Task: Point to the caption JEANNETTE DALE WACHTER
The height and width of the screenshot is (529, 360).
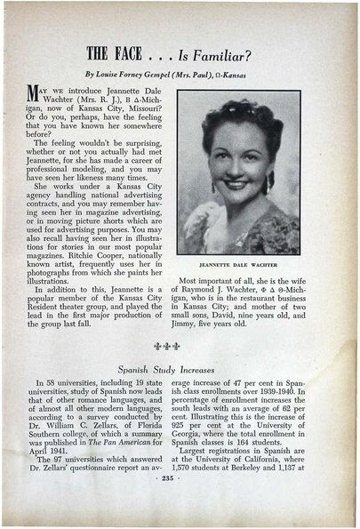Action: [x=238, y=265]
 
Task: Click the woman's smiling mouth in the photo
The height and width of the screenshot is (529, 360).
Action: [x=237, y=188]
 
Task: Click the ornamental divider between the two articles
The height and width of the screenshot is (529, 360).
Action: [x=180, y=348]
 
